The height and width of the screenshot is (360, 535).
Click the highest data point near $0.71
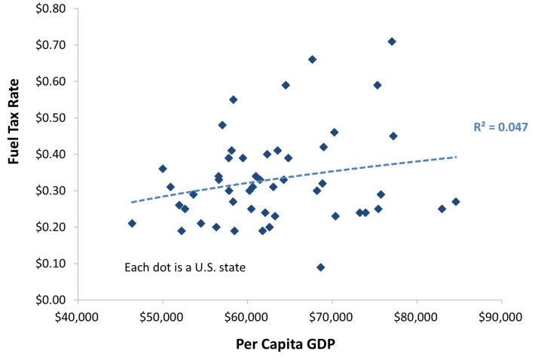tap(392, 41)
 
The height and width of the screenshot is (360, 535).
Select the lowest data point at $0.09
tap(321, 267)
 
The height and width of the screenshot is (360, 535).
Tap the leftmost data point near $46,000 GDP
tap(132, 223)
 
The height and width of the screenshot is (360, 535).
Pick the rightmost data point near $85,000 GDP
tap(456, 201)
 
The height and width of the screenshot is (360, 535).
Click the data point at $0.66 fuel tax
tap(312, 59)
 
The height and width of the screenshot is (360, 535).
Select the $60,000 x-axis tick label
tap(247, 316)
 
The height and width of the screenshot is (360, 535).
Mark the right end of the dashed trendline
tap(457, 157)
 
